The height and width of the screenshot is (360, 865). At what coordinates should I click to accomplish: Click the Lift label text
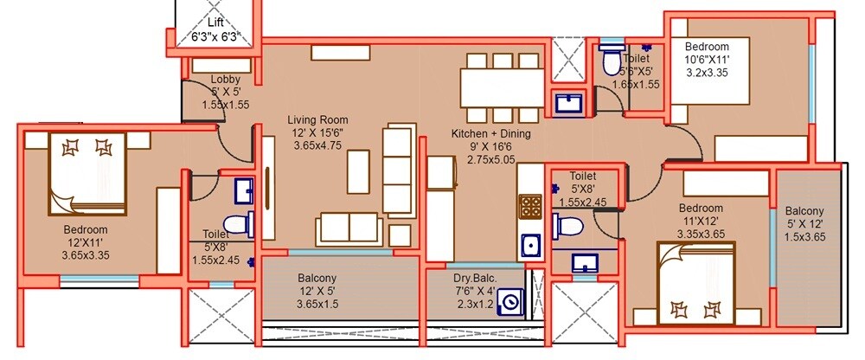[x=214, y=22]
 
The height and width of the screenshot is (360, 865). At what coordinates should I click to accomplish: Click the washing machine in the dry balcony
[x=512, y=304]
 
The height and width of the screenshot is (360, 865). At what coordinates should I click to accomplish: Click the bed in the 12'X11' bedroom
[x=87, y=172]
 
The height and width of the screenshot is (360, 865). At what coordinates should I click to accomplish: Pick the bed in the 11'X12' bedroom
[x=695, y=278]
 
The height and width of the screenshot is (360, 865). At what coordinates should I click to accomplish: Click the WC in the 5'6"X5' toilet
[x=610, y=61]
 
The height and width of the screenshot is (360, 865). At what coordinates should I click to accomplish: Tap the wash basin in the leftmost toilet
[x=243, y=189]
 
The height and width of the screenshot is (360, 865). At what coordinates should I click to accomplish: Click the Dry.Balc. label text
[x=475, y=279]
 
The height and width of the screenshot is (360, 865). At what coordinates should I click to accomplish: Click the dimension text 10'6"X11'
[x=707, y=60]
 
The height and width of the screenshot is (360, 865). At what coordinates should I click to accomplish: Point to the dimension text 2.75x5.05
[x=490, y=159]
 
